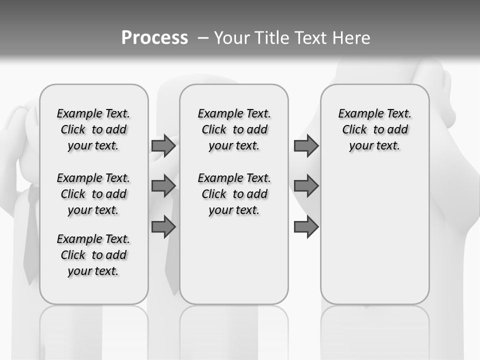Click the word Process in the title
pos(154,38)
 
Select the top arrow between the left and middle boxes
pos(163,146)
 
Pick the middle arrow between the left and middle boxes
pos(163,186)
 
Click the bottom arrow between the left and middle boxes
pos(163,227)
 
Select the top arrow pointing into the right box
pos(306,146)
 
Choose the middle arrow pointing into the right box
pos(306,186)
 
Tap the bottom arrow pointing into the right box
pos(306,227)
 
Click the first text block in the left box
pos(93,129)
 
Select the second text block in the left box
pos(93,194)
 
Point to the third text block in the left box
pos(93,255)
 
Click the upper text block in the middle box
pos(234,129)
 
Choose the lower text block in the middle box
pos(234,194)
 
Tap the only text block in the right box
pos(374,129)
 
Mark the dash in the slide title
pos(203,38)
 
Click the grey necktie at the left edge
pos(31,235)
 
